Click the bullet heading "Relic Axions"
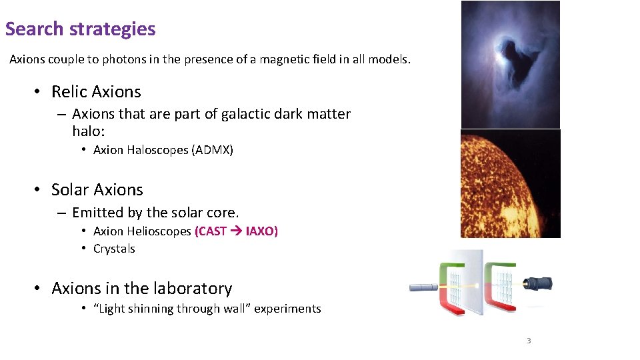pyautogui.click(x=96, y=91)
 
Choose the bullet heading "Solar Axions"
pyautogui.click(x=97, y=189)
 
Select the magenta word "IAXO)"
pyautogui.click(x=262, y=231)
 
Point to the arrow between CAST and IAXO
pyautogui.click(x=237, y=231)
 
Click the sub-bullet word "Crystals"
pyautogui.click(x=114, y=249)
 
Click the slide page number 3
pyautogui.click(x=529, y=341)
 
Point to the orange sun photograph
pyautogui.click(x=510, y=183)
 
